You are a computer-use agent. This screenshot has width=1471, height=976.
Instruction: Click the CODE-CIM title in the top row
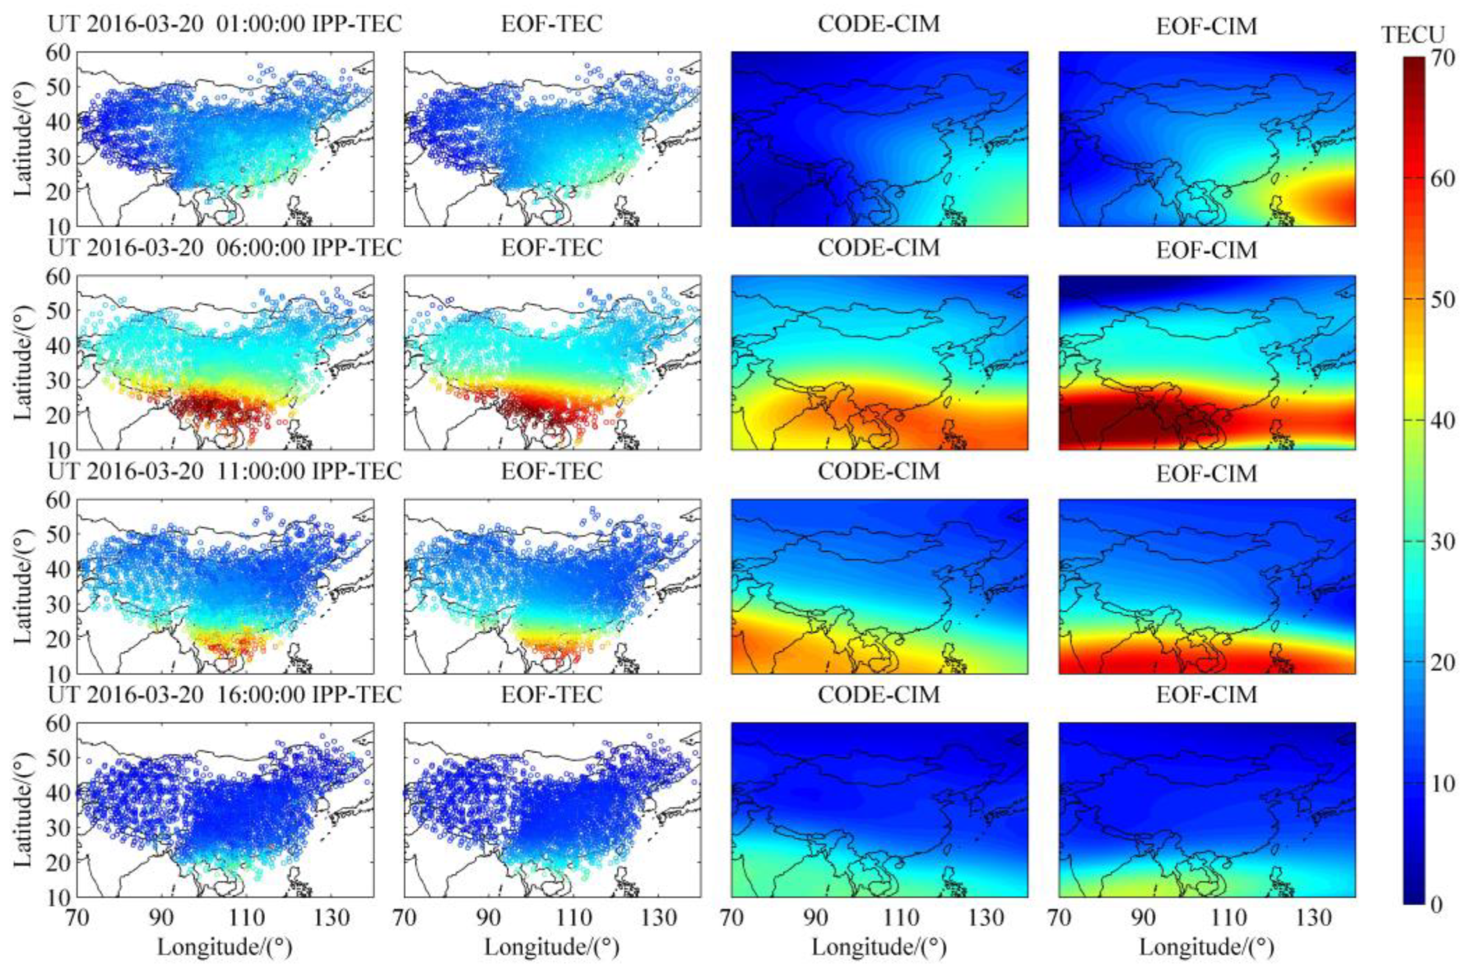878,24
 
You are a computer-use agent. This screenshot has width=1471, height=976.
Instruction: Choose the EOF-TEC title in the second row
552,248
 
